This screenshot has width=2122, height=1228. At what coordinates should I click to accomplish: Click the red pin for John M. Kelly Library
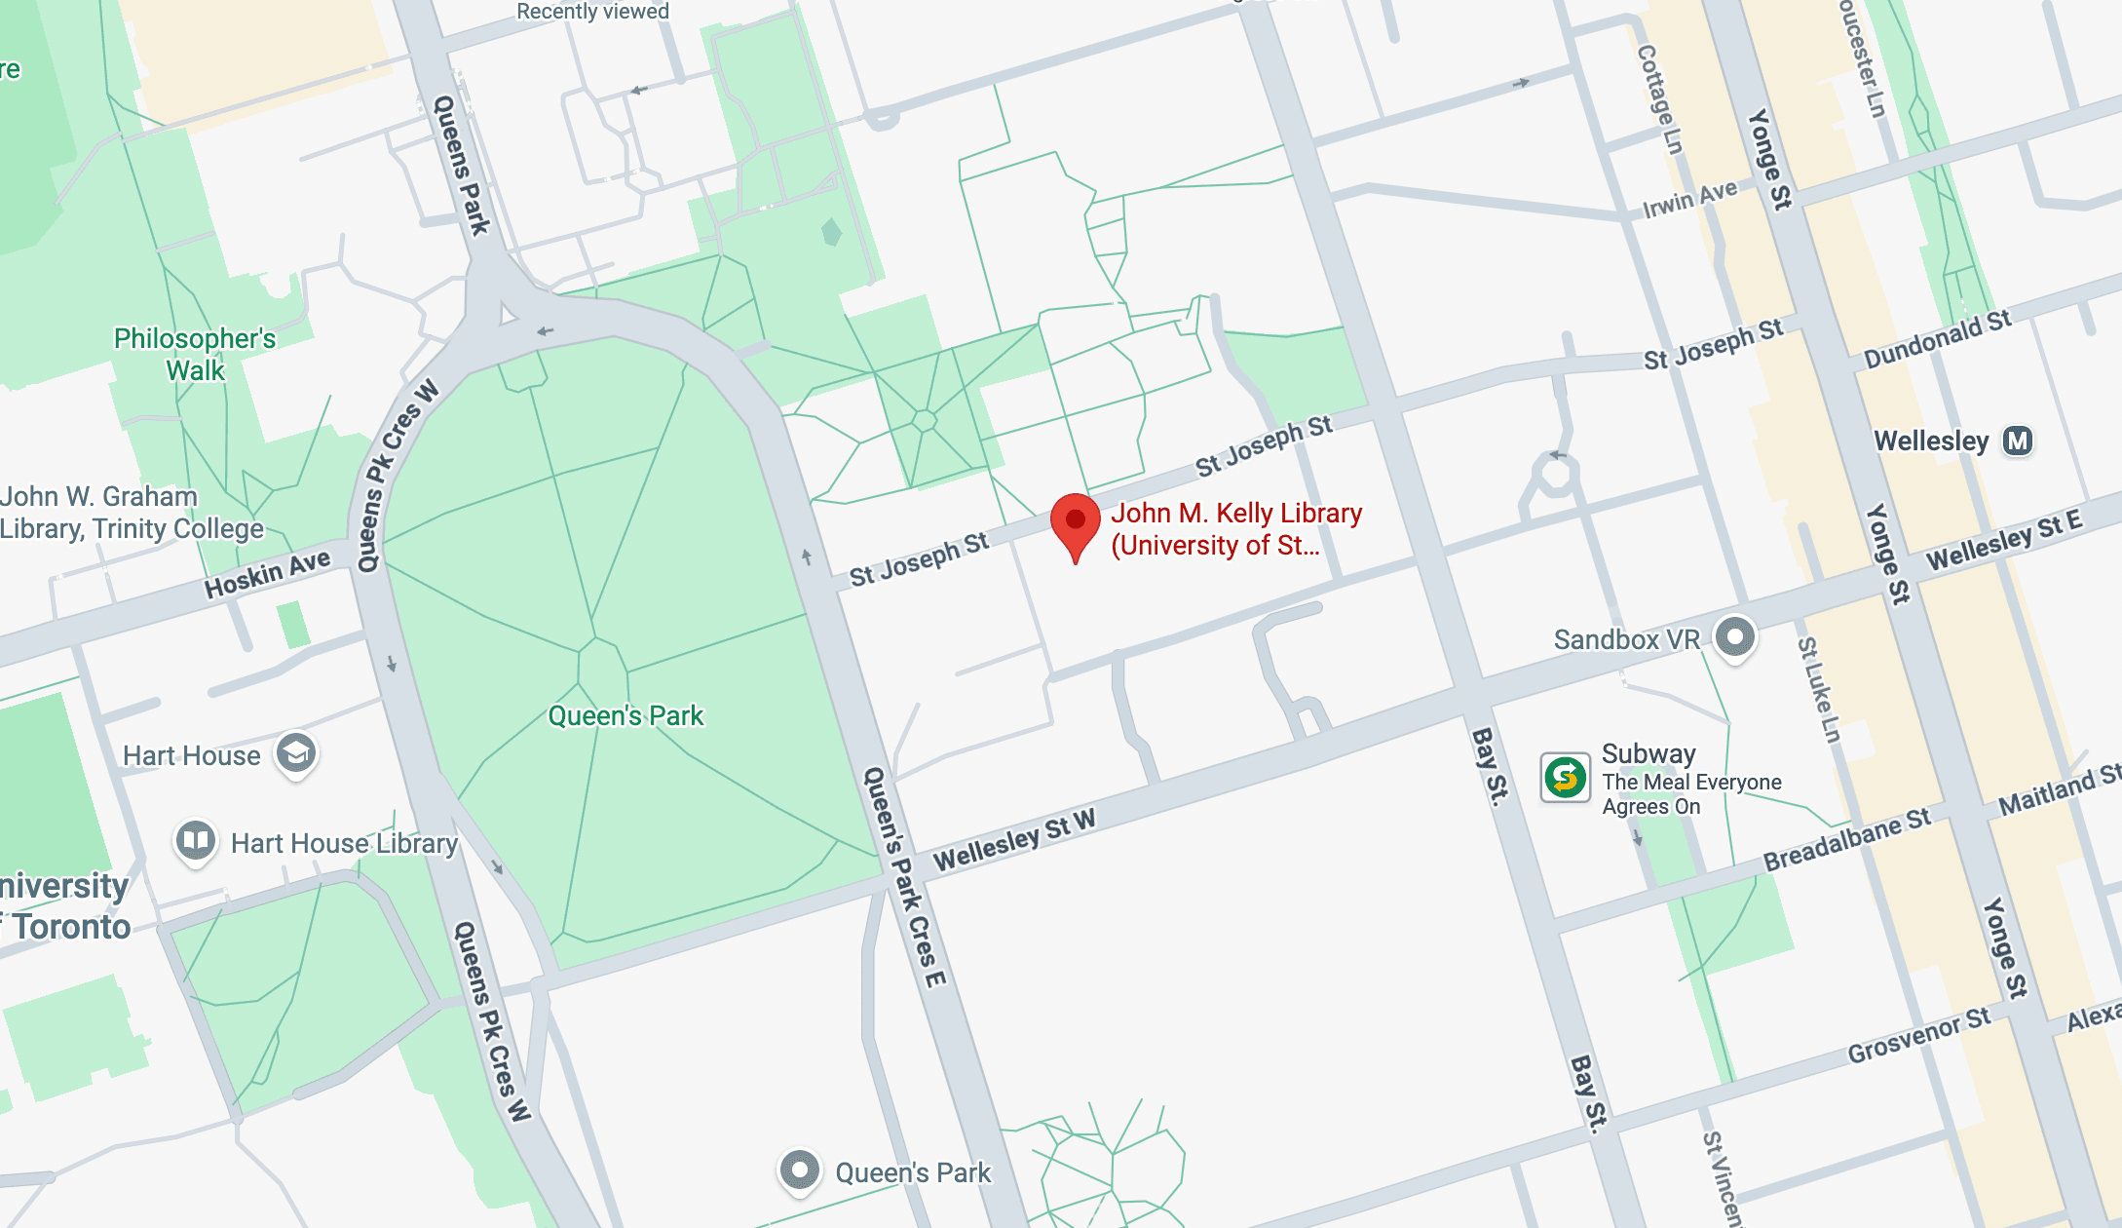(x=1075, y=521)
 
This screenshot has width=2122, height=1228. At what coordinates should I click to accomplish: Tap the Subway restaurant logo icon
(x=1565, y=778)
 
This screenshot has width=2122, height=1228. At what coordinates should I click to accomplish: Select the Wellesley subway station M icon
(x=2017, y=441)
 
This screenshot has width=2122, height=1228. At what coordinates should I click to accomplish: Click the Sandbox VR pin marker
(x=1734, y=637)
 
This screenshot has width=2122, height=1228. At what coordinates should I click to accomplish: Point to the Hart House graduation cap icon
(x=296, y=753)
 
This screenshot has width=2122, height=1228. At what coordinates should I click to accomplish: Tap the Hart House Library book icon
(x=195, y=839)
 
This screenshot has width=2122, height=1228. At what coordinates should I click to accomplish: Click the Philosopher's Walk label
(x=195, y=354)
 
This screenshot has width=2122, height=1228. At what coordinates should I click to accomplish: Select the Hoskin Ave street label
(x=267, y=573)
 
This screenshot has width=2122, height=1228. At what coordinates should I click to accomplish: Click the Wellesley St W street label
(x=1014, y=839)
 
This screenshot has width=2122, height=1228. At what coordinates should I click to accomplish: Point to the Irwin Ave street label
(x=1689, y=199)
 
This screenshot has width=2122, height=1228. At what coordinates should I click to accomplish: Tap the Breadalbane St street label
(x=1846, y=839)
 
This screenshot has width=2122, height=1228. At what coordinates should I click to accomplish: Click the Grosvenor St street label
(x=1919, y=1036)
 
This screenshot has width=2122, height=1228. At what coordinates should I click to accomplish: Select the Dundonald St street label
(x=1937, y=340)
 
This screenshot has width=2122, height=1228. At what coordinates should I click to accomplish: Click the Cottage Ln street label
(x=1660, y=99)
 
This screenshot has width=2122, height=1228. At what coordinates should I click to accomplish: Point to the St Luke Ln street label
(x=1819, y=690)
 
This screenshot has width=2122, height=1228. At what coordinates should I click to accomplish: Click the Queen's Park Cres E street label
(x=904, y=877)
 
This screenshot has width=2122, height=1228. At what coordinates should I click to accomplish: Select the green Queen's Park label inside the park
(x=625, y=716)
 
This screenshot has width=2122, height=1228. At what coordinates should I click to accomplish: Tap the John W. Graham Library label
(x=132, y=513)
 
